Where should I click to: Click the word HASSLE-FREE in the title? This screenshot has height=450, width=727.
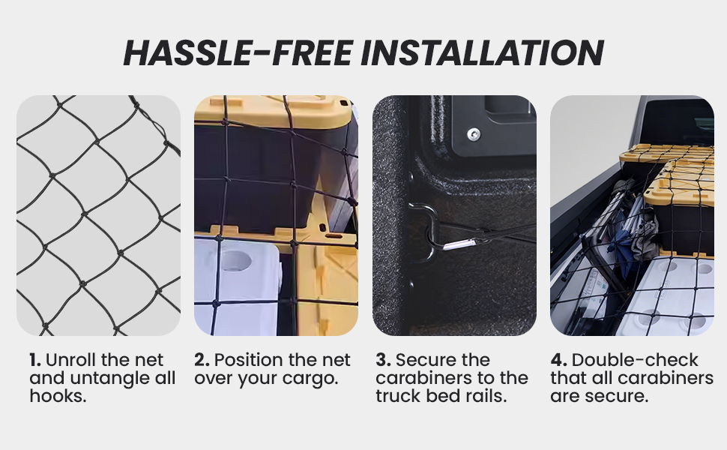click(x=238, y=52)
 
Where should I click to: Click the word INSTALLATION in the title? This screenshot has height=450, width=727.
click(x=482, y=52)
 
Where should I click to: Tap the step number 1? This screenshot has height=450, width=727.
click(x=34, y=360)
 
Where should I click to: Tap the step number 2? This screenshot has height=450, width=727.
click(x=202, y=360)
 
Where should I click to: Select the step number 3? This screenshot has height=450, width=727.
click(x=383, y=360)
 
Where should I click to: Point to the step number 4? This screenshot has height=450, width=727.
click(x=558, y=360)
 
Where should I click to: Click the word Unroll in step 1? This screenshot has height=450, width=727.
click(x=71, y=360)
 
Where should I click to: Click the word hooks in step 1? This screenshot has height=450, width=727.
click(x=55, y=396)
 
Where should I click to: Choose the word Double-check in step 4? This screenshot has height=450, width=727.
click(x=635, y=360)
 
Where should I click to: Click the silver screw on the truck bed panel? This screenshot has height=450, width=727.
click(x=474, y=134)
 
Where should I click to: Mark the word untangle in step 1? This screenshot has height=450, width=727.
click(x=112, y=379)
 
